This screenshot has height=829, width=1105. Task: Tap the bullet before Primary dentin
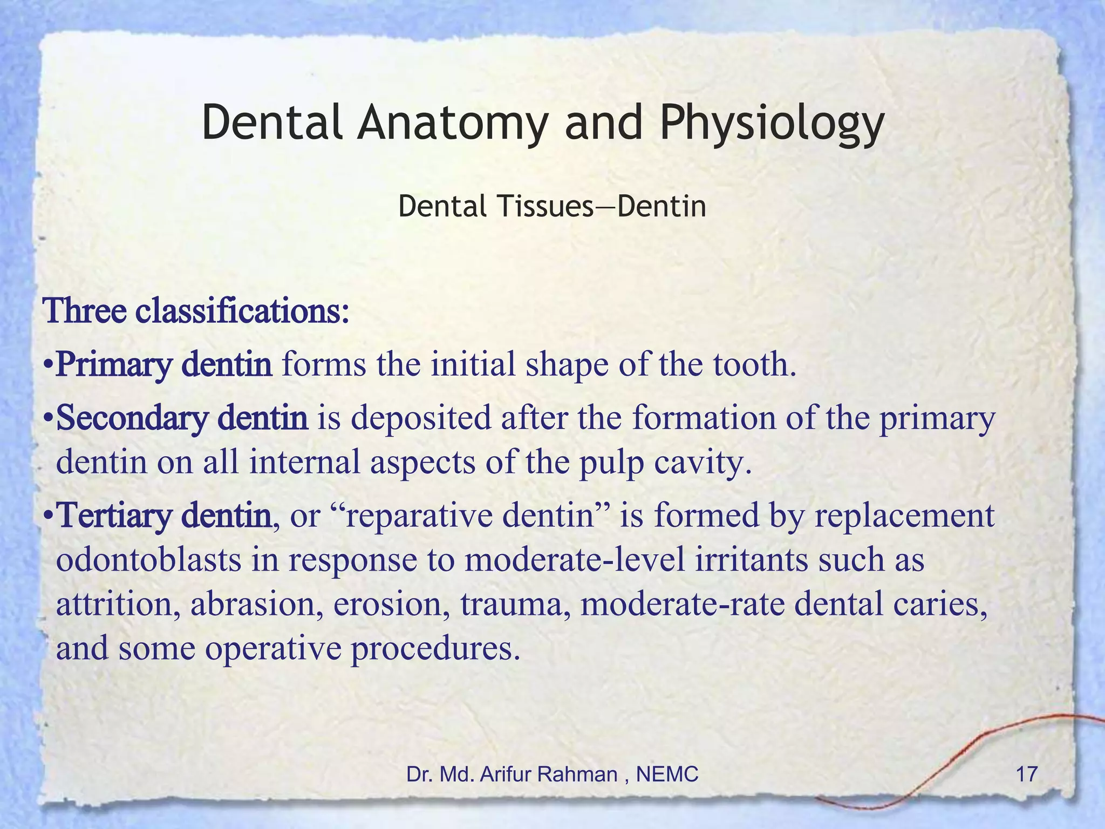coord(49,366)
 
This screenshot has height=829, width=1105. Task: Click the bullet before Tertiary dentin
coord(49,516)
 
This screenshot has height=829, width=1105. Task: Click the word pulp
coord(612,463)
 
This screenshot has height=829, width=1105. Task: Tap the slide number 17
coord(1026,774)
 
